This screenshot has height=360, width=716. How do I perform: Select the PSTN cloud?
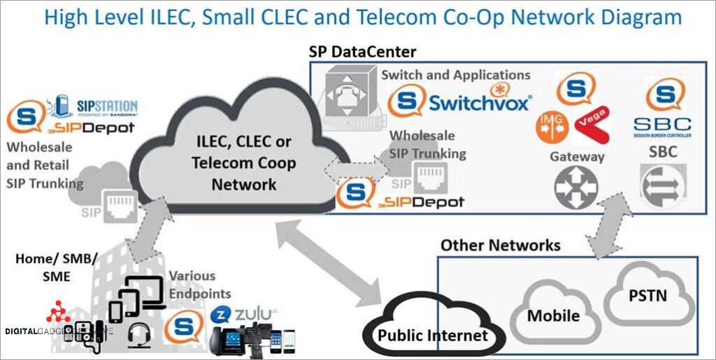click(647, 296)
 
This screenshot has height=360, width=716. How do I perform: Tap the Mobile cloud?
click(554, 315)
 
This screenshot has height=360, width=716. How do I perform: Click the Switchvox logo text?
click(480, 103)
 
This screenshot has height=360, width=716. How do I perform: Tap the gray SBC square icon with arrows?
click(661, 185)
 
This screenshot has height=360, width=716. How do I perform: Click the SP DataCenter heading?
click(362, 52)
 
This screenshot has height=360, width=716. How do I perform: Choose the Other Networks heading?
click(500, 245)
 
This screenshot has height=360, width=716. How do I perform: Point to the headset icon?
click(137, 335)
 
